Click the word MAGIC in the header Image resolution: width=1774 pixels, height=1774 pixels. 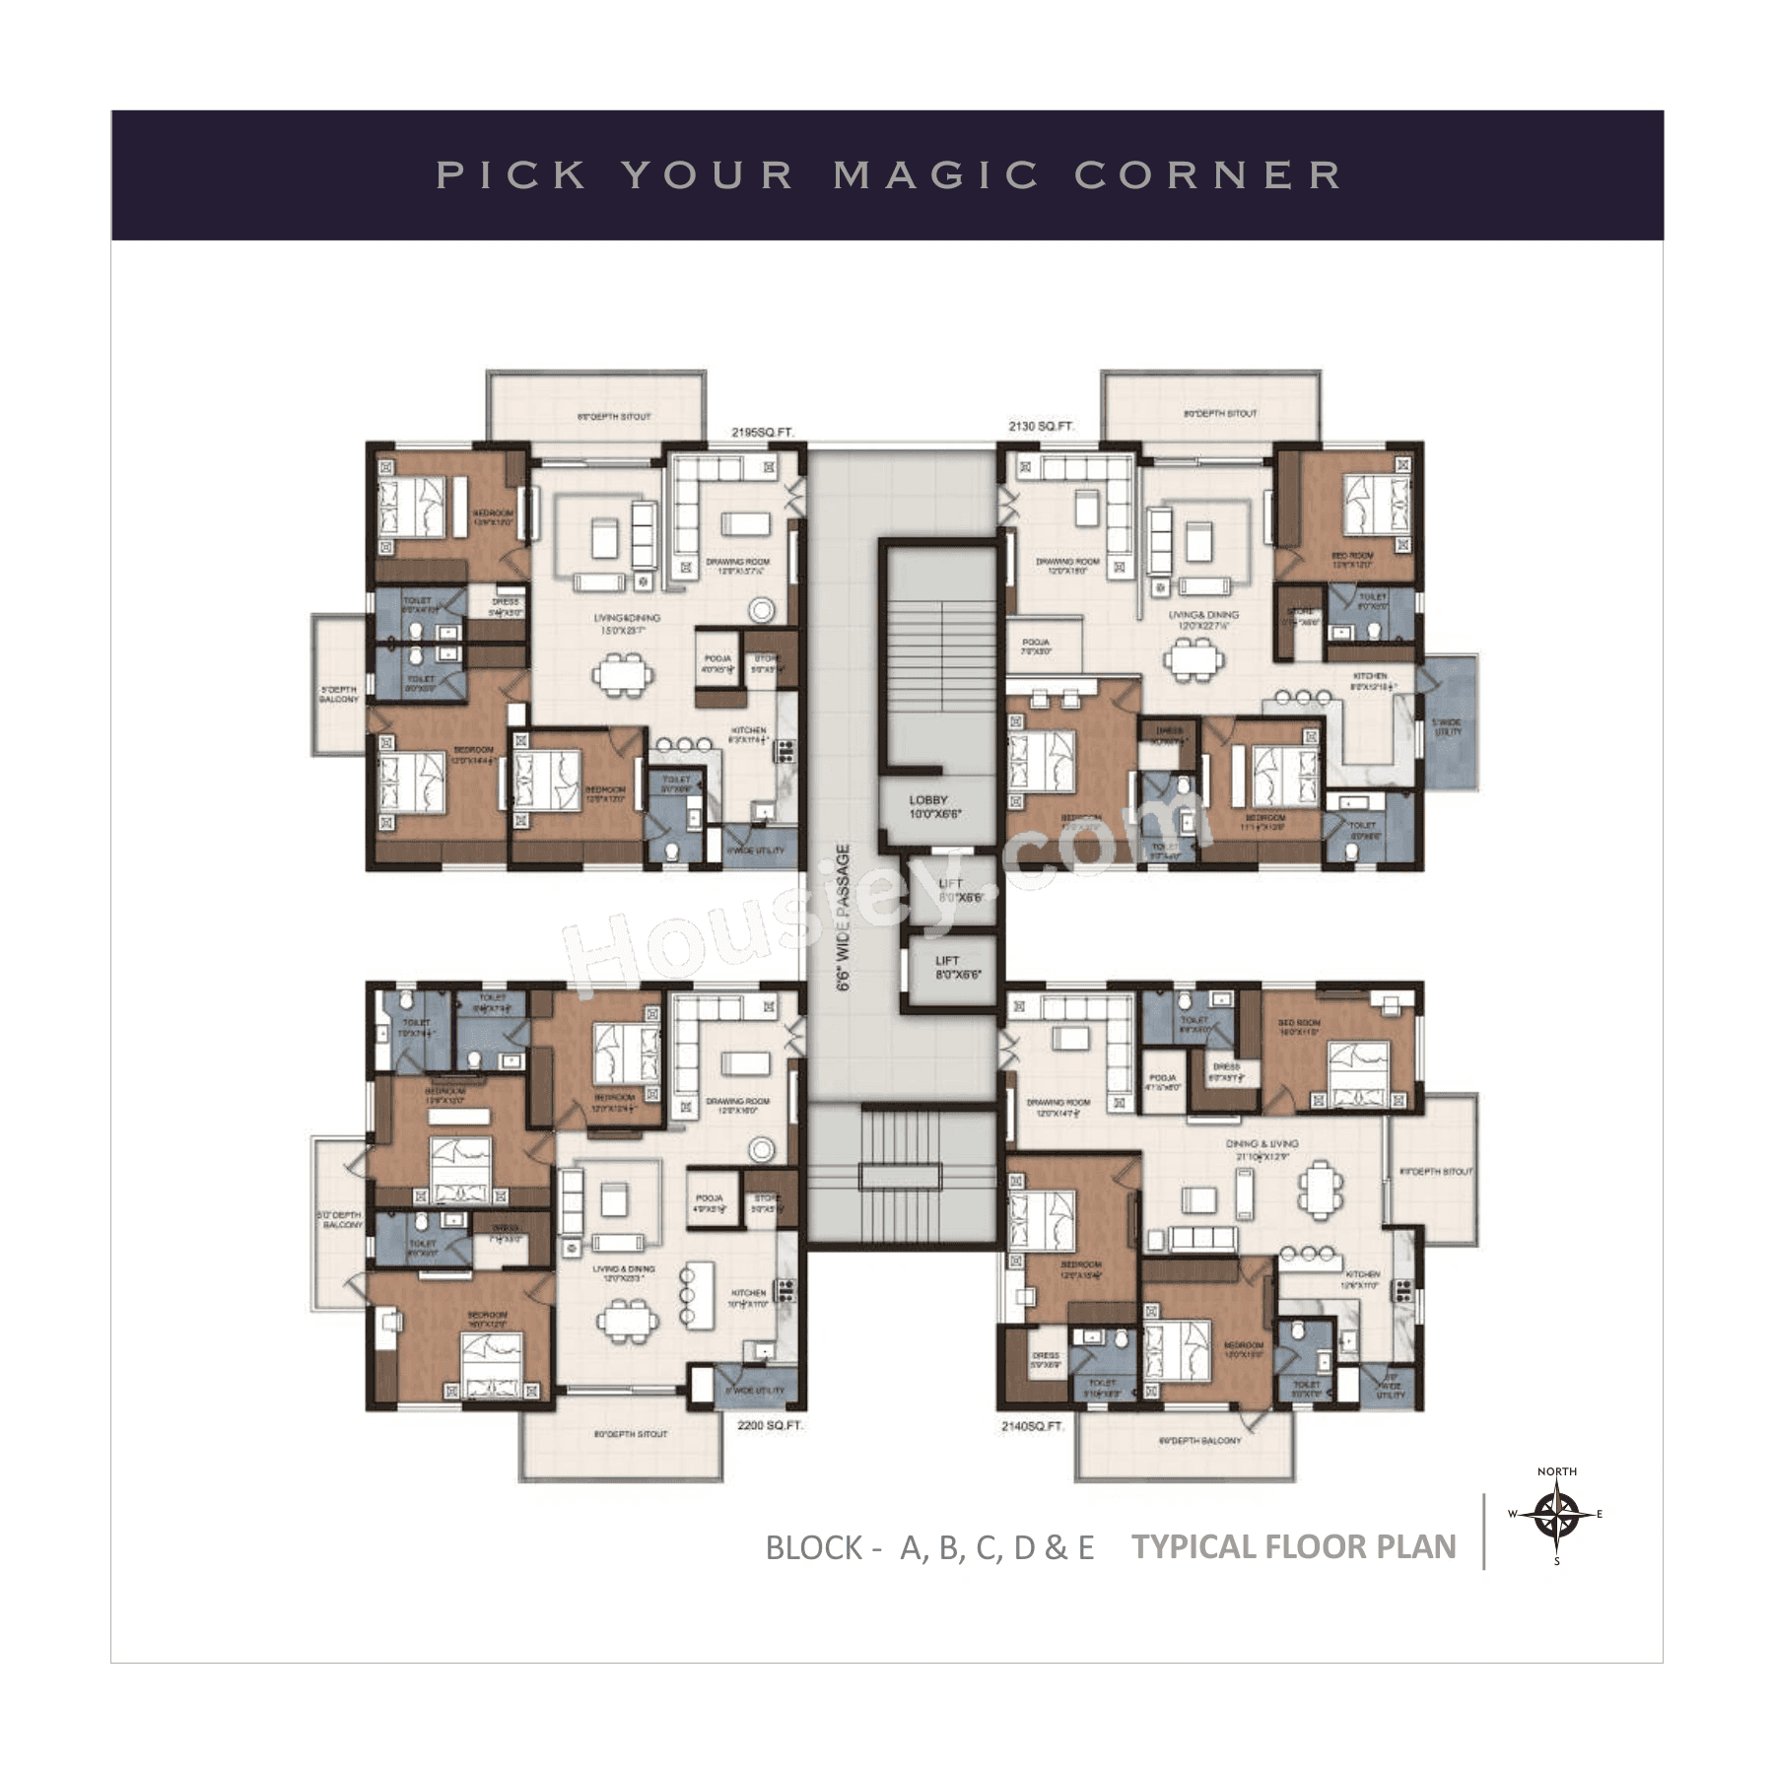[x=935, y=175]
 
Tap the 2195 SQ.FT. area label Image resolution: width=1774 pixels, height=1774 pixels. [x=762, y=432]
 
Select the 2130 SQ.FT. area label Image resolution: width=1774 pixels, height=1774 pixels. [x=1041, y=427]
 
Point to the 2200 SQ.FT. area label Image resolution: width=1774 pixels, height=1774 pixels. [x=770, y=1425]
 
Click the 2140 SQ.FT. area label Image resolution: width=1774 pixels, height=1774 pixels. [x=1033, y=1426]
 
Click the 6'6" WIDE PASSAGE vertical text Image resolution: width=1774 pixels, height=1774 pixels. [x=843, y=917]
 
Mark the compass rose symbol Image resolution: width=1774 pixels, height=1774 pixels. [x=1556, y=1513]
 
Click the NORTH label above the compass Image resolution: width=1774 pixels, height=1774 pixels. [x=1556, y=1471]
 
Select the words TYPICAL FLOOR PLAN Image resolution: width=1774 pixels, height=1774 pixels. [x=1293, y=1546]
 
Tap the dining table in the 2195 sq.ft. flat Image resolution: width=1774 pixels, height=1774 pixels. [x=623, y=675]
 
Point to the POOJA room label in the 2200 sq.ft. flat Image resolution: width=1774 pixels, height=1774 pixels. [x=710, y=1201]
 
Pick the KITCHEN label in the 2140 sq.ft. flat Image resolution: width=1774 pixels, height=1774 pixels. [x=1362, y=1278]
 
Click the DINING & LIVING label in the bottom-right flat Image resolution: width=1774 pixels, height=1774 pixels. [x=1262, y=1148]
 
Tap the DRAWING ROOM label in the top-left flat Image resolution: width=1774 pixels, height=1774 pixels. [x=737, y=566]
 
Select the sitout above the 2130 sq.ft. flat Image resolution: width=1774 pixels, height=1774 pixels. [x=1210, y=414]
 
